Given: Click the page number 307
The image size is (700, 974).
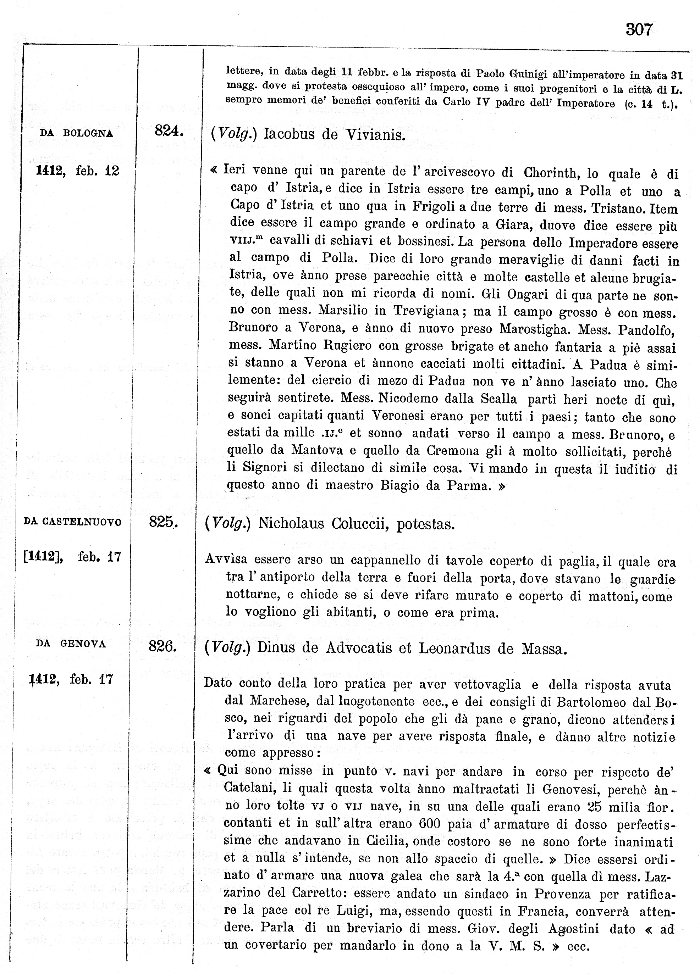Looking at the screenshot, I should point(639,30).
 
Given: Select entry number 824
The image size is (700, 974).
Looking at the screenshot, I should point(169,130).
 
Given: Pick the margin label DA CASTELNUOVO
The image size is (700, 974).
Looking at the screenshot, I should point(72,522).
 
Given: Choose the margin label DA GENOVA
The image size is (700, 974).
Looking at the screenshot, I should point(71,644).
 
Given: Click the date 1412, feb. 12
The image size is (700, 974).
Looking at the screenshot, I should point(77,171).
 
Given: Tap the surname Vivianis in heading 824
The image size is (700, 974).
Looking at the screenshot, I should point(374,135).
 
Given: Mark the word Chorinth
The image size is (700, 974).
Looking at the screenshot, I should point(551,173).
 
